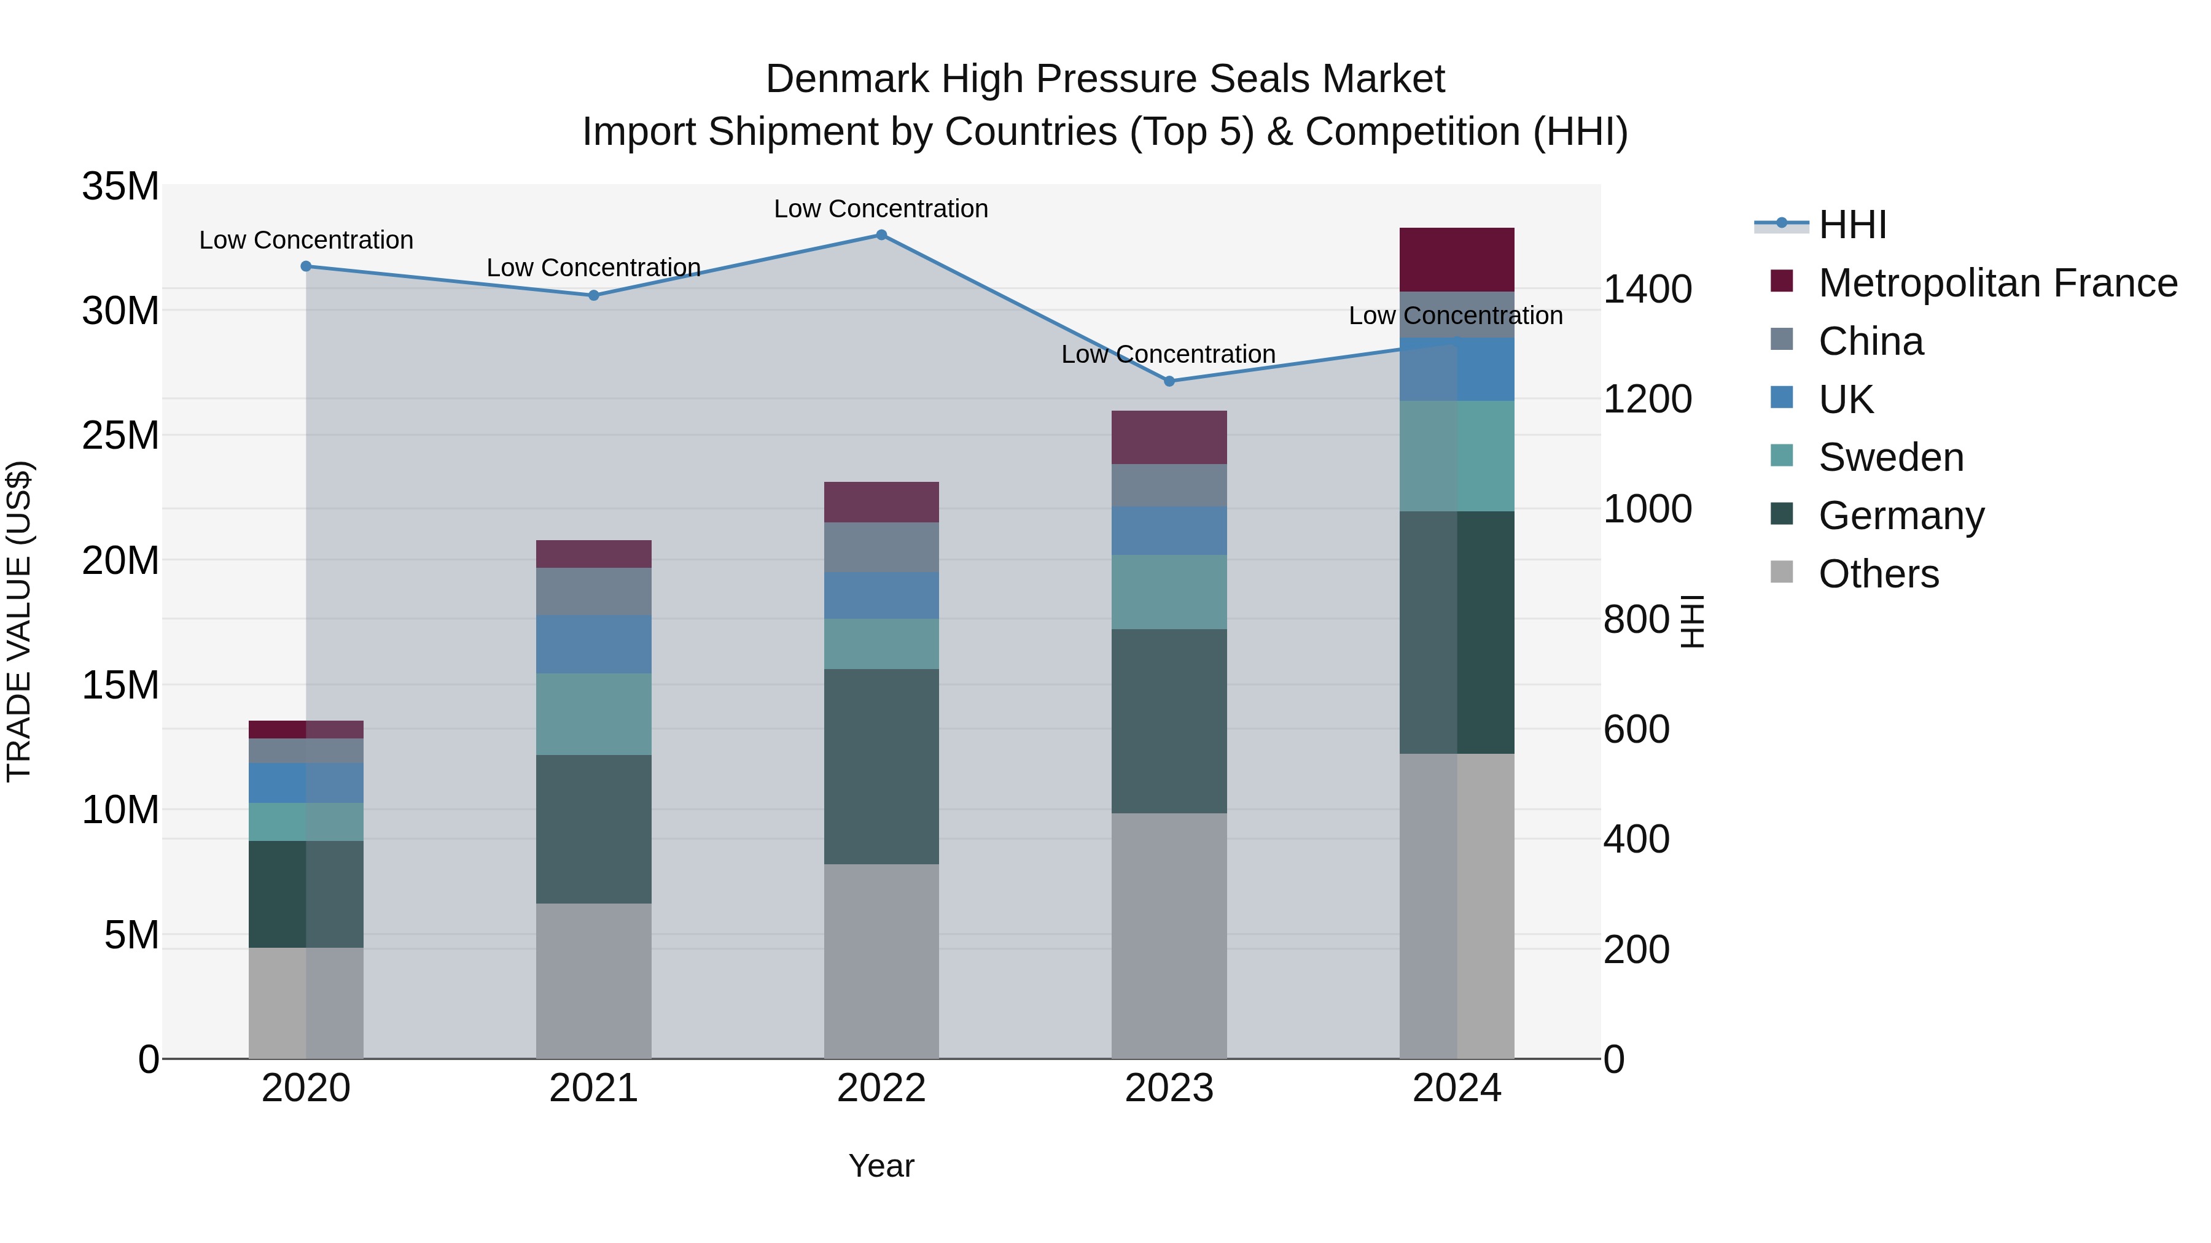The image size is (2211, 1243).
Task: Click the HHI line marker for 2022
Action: click(x=881, y=234)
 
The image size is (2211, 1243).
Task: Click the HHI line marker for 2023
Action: click(x=1168, y=381)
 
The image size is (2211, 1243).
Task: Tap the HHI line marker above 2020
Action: click(x=306, y=266)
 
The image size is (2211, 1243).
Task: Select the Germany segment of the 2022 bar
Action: click(x=881, y=766)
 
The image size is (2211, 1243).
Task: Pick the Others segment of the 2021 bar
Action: click(x=593, y=980)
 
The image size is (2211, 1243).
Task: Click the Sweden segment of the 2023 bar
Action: click(x=1168, y=592)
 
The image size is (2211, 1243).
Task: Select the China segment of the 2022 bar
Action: click(x=881, y=548)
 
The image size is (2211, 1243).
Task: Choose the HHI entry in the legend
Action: click(x=1852, y=225)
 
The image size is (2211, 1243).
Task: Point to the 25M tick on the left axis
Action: click(x=120, y=436)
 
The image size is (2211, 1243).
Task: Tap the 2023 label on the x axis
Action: click(x=1168, y=1088)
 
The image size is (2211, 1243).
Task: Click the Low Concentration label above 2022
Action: click(x=881, y=209)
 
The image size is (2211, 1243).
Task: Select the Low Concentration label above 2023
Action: click(x=1168, y=354)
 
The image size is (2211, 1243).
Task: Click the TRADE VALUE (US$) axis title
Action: click(x=19, y=621)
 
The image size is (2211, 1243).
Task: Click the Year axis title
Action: click(x=881, y=1166)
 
